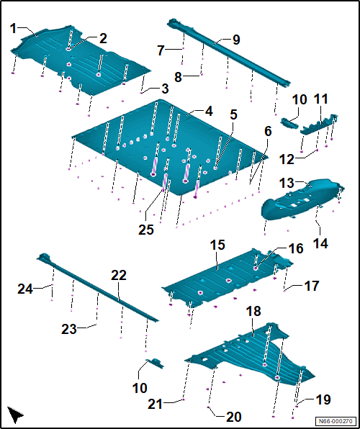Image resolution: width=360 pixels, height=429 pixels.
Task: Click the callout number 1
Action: tap(14, 29)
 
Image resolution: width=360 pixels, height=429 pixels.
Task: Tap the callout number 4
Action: tap(209, 112)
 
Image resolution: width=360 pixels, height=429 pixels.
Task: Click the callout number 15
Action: tap(217, 245)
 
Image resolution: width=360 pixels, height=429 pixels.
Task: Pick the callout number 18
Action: tap(253, 312)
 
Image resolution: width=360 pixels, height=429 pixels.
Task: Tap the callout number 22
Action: tap(119, 276)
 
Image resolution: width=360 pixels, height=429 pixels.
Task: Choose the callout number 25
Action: tap(146, 230)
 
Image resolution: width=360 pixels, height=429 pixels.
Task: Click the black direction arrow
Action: tap(15, 415)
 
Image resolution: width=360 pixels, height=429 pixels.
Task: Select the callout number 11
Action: tap(321, 100)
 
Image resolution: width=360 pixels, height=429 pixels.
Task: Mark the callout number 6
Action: tap(267, 132)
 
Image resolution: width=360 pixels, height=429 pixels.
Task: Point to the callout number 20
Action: tap(233, 417)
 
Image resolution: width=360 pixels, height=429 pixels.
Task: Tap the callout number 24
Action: tap(25, 289)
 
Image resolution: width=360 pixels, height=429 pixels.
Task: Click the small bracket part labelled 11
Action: tap(319, 125)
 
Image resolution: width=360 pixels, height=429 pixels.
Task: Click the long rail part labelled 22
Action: tap(97, 288)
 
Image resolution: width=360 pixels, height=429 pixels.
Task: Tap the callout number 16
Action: tap(296, 249)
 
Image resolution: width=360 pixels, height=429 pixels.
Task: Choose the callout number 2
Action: tap(103, 39)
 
